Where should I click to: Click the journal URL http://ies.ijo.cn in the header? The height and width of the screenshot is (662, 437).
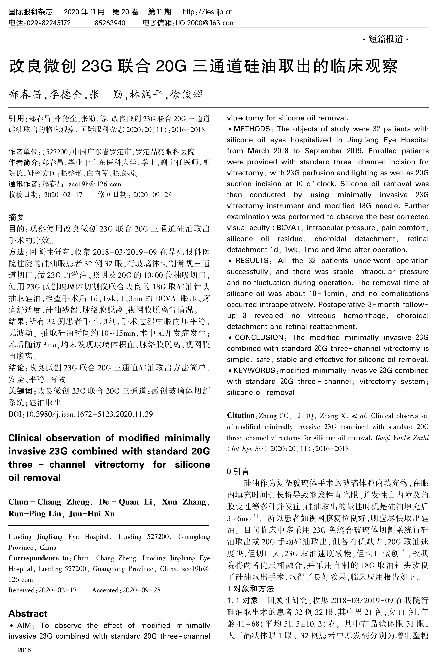click(208, 12)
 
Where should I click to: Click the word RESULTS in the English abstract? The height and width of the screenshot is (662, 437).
click(252, 261)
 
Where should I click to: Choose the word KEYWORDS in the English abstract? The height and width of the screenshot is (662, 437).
click(254, 370)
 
